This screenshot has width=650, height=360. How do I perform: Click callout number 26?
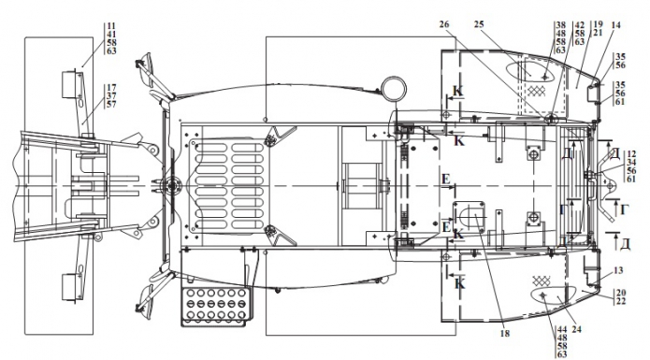click(x=444, y=24)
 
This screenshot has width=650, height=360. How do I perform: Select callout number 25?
click(x=479, y=24)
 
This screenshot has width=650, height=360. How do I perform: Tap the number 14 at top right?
click(x=615, y=25)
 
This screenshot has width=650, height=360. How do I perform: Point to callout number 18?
click(x=504, y=333)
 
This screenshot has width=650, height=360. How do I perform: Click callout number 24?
click(x=576, y=329)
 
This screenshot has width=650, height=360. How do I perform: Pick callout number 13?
click(x=617, y=270)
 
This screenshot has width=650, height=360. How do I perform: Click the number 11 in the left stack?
click(x=111, y=26)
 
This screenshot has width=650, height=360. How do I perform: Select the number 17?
click(x=111, y=88)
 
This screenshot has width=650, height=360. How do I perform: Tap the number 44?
click(x=562, y=330)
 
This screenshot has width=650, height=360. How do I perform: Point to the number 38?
click(x=560, y=25)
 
